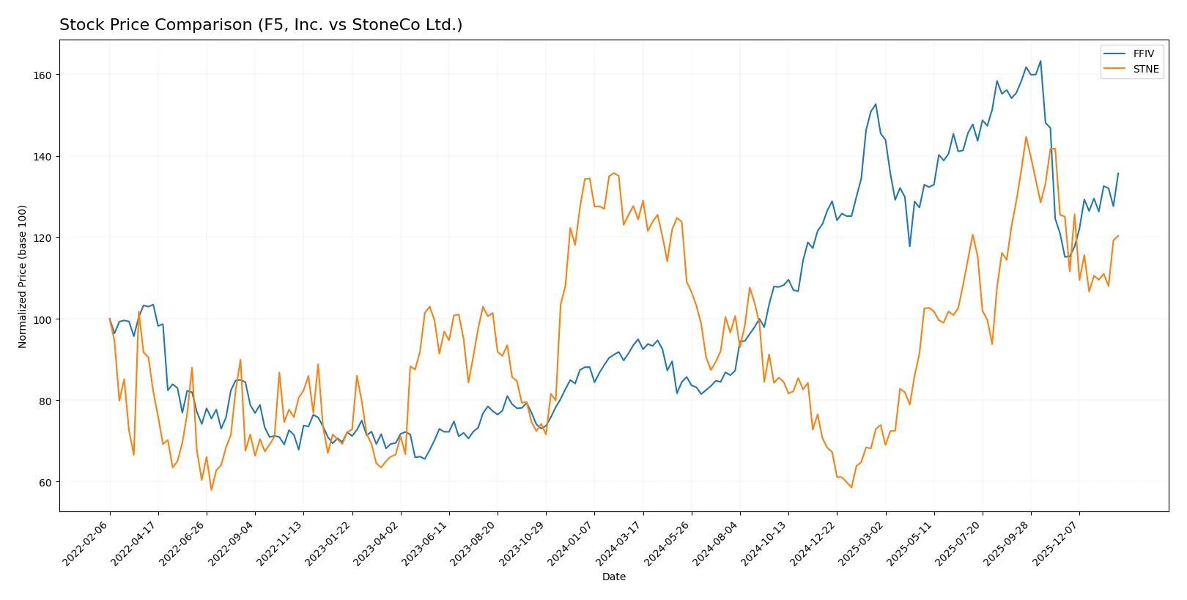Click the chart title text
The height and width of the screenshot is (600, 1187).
[261, 25]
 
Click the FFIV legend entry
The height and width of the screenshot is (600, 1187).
[1142, 53]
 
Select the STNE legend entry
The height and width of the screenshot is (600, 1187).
[1145, 69]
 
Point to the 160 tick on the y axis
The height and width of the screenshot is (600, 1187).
[42, 75]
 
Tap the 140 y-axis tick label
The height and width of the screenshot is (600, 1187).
[42, 157]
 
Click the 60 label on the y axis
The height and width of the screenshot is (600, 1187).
[45, 483]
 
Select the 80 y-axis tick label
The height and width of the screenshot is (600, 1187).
[45, 401]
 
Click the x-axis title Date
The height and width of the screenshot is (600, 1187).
[613, 577]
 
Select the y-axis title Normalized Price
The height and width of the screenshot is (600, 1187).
[23, 276]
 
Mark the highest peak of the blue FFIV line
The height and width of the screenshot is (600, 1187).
[1040, 62]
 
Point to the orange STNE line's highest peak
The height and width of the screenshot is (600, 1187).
[1026, 137]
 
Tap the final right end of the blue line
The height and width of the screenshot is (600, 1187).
[1118, 174]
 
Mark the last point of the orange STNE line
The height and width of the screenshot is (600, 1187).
[1118, 236]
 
